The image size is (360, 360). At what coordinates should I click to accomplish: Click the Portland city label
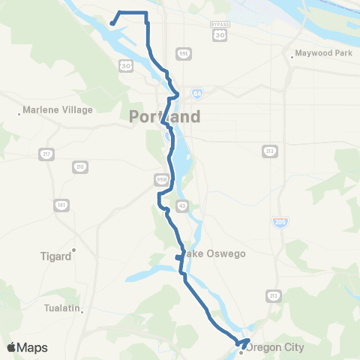pyautogui.click(x=165, y=117)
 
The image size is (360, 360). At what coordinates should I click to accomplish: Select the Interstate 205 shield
pyautogui.click(x=278, y=223)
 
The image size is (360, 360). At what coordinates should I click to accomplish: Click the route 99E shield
pyautogui.click(x=183, y=53)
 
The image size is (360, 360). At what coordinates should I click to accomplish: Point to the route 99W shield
pyautogui.click(x=160, y=180)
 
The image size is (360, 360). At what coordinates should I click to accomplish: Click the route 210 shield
pyautogui.click(x=79, y=166)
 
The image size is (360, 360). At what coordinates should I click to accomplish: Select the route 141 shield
pyautogui.click(x=58, y=205)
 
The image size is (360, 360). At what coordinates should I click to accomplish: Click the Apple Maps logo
pyautogui.click(x=27, y=347)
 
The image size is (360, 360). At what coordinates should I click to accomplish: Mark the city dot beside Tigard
pyautogui.click(x=74, y=250)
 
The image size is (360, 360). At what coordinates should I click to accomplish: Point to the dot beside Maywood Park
pyautogui.click(x=292, y=55)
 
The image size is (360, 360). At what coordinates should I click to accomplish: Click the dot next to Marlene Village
pyautogui.click(x=19, y=114)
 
